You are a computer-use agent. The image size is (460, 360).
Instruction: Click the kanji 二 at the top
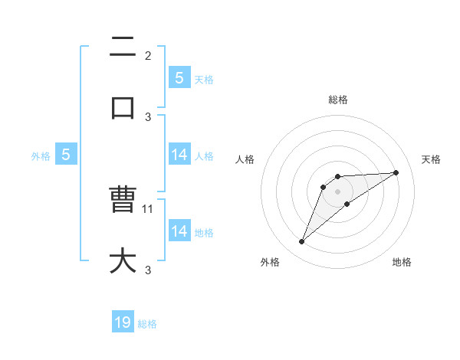[123, 47]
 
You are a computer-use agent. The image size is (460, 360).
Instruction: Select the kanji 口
[123, 108]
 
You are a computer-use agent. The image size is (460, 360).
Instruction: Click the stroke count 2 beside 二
[148, 55]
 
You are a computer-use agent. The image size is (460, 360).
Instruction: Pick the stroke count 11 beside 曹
[149, 208]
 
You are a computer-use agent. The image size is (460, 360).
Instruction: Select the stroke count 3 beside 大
[148, 269]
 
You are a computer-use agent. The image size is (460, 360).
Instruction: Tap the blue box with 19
[123, 322]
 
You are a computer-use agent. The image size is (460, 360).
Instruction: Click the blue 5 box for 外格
[66, 155]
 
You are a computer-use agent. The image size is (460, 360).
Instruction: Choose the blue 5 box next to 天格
[179, 78]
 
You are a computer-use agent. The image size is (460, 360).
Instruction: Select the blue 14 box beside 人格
[179, 155]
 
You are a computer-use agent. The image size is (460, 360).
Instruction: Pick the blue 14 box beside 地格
[179, 231]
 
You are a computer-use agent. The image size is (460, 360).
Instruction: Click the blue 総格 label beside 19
[148, 324]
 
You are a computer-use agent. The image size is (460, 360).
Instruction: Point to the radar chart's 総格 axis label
[338, 100]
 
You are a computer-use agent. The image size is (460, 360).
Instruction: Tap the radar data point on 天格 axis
[396, 172]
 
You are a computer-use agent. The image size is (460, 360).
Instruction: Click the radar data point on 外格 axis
[301, 242]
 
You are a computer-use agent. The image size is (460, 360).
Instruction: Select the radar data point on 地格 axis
[347, 204]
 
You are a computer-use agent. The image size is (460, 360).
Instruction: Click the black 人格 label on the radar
[245, 159]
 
